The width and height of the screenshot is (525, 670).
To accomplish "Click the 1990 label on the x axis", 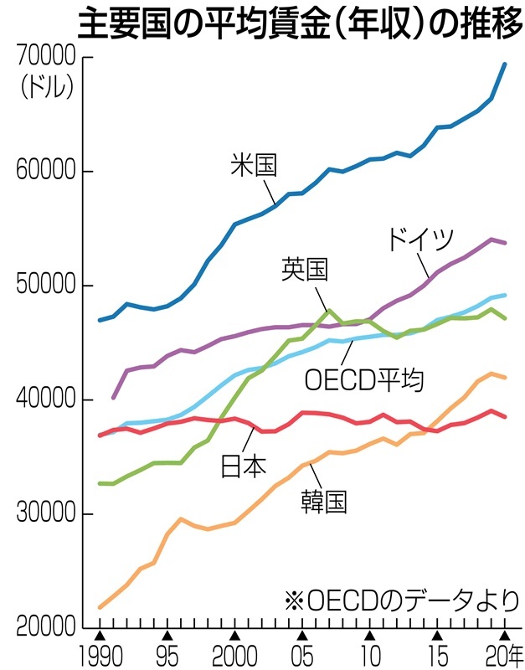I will click(x=99, y=655).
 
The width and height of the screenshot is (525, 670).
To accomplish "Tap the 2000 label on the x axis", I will click(x=235, y=655).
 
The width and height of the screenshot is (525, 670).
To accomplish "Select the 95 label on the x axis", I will click(x=167, y=655).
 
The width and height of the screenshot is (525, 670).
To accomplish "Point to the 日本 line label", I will click(x=243, y=466).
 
